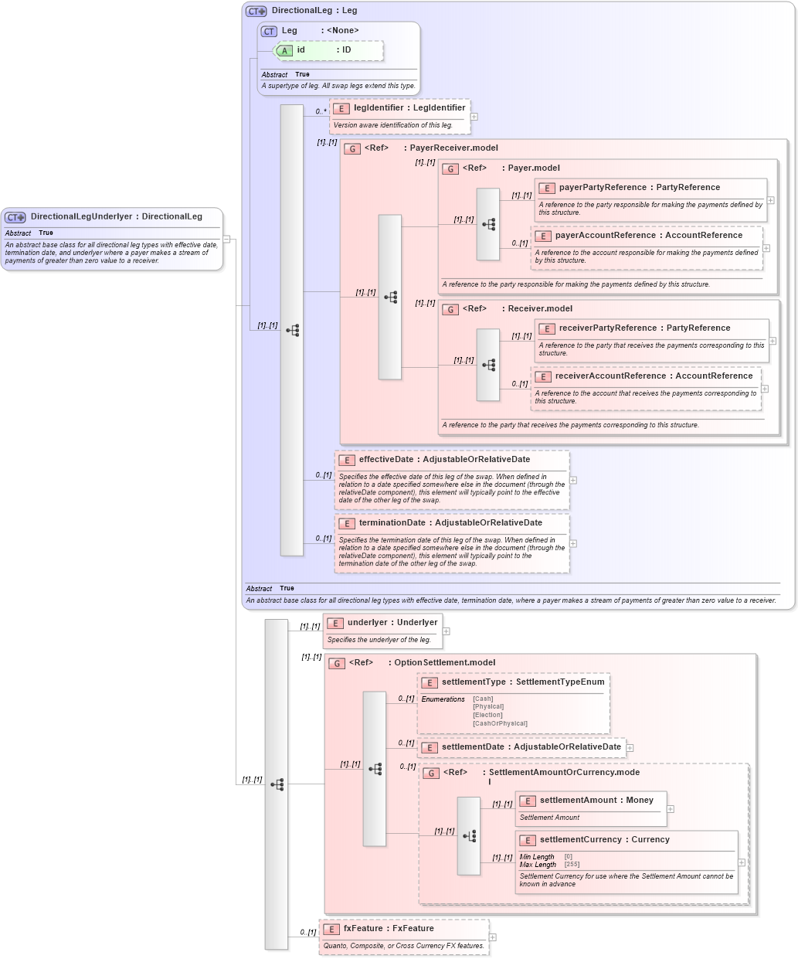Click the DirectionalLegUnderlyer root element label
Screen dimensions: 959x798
coord(116,217)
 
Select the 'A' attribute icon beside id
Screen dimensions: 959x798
coord(284,51)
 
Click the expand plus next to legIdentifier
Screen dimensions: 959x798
coord(474,117)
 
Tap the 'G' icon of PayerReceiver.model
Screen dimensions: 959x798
coord(352,149)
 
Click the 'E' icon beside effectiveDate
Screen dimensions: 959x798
coord(346,461)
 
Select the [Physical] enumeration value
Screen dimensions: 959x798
coord(488,707)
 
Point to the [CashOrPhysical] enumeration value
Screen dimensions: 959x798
coord(500,724)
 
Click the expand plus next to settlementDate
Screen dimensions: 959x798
coord(630,748)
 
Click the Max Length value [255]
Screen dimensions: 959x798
coord(572,865)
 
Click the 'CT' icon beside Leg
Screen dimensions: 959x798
coord(269,32)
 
